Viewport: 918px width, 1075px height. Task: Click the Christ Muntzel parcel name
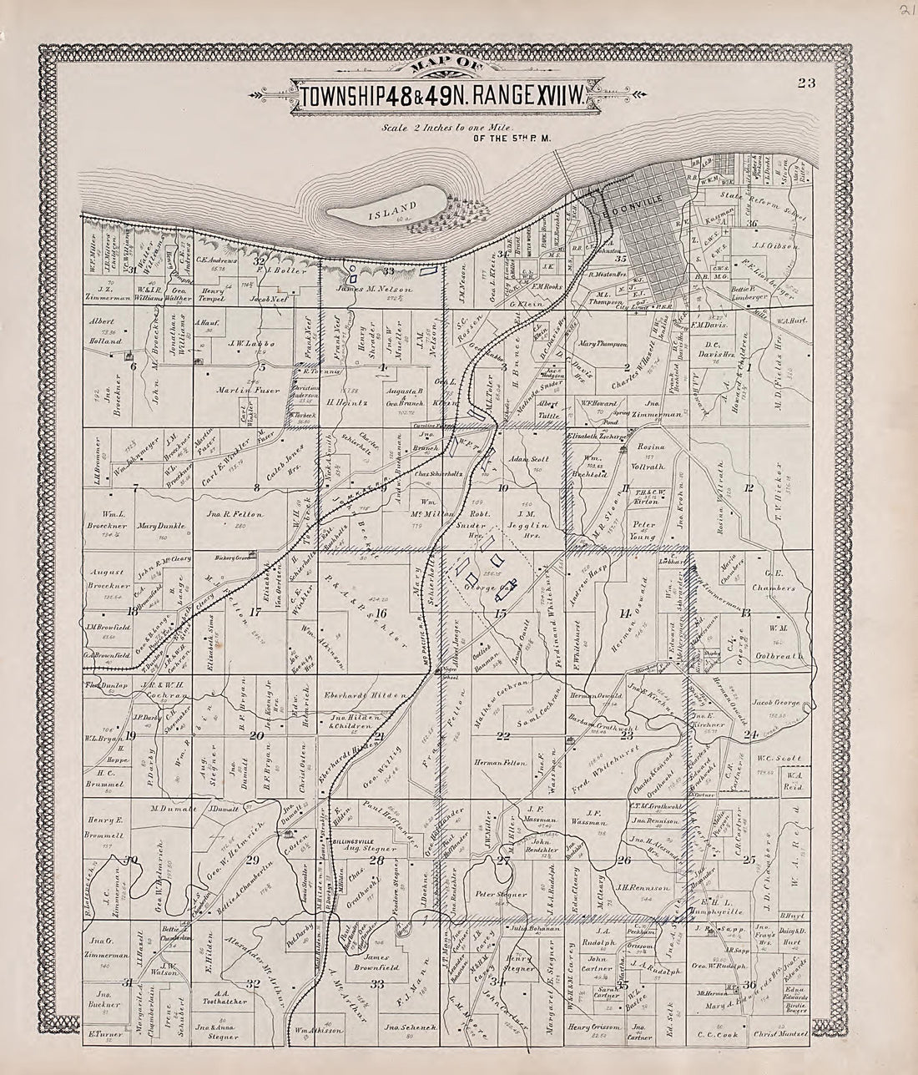(781, 1033)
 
